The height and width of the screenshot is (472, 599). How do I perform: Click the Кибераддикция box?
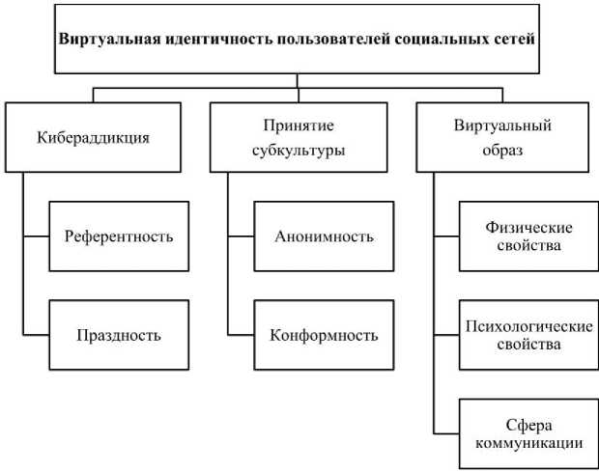(93, 137)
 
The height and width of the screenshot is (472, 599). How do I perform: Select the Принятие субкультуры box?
(303, 137)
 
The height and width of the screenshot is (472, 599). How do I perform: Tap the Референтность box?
(119, 235)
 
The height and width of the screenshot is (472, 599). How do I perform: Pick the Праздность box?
(119, 335)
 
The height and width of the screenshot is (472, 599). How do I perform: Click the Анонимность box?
(323, 235)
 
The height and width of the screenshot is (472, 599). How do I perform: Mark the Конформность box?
(323, 335)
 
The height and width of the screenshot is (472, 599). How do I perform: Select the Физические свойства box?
(528, 235)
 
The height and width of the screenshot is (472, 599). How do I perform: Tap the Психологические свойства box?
(528, 335)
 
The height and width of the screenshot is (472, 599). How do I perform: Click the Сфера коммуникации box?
(528, 433)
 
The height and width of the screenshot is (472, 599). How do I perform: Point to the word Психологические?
(528, 326)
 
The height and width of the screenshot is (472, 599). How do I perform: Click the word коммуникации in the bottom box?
(528, 443)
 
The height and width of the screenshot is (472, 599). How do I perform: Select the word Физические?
(528, 227)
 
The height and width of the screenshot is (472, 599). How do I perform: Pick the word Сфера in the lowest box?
(528, 425)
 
